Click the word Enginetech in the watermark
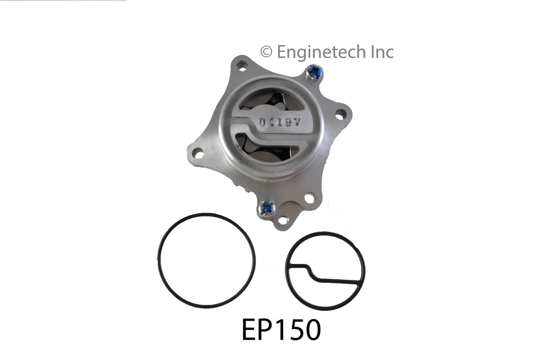(321, 52)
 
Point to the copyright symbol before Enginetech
(266, 52)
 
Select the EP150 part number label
(281, 330)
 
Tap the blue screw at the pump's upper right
(314, 72)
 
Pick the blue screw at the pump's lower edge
(266, 208)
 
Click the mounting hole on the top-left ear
(242, 66)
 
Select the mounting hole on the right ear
(340, 114)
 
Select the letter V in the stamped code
(296, 122)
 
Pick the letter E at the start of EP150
(249, 330)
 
